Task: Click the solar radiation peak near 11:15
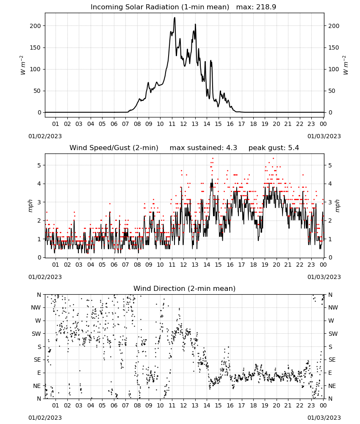click(x=174, y=18)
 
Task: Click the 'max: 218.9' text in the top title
click(x=256, y=7)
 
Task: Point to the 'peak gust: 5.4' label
click(x=274, y=148)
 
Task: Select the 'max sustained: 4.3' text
click(x=203, y=148)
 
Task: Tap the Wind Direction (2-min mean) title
click(x=185, y=288)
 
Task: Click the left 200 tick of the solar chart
click(x=36, y=26)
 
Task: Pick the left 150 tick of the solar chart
click(x=36, y=47)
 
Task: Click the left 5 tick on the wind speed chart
click(x=39, y=165)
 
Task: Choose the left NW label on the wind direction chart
click(x=36, y=307)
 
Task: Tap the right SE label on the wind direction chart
click(x=332, y=360)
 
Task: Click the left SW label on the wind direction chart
click(x=36, y=334)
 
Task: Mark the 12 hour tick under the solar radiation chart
click(x=183, y=124)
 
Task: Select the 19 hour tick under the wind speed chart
click(x=265, y=265)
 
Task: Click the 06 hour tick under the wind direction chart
click(x=114, y=405)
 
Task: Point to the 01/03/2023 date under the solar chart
click(x=324, y=136)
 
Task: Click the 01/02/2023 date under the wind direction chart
click(x=45, y=418)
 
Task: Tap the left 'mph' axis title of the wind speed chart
click(x=30, y=206)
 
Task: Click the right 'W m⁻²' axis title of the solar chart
click(x=346, y=65)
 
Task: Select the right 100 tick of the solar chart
click(x=334, y=69)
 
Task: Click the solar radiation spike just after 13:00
click(x=195, y=25)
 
